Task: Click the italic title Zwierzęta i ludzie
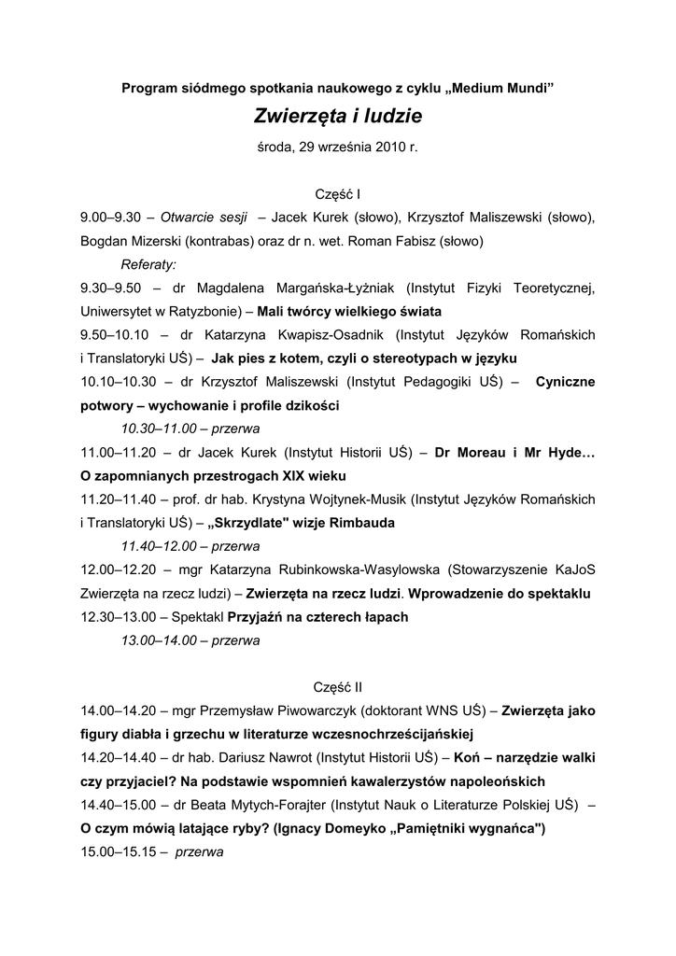point(338,117)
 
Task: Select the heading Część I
point(338,194)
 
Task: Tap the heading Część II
point(338,687)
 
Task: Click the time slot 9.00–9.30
point(110,218)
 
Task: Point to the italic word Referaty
point(148,264)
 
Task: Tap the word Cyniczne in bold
point(565,382)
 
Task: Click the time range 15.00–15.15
point(117,851)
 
